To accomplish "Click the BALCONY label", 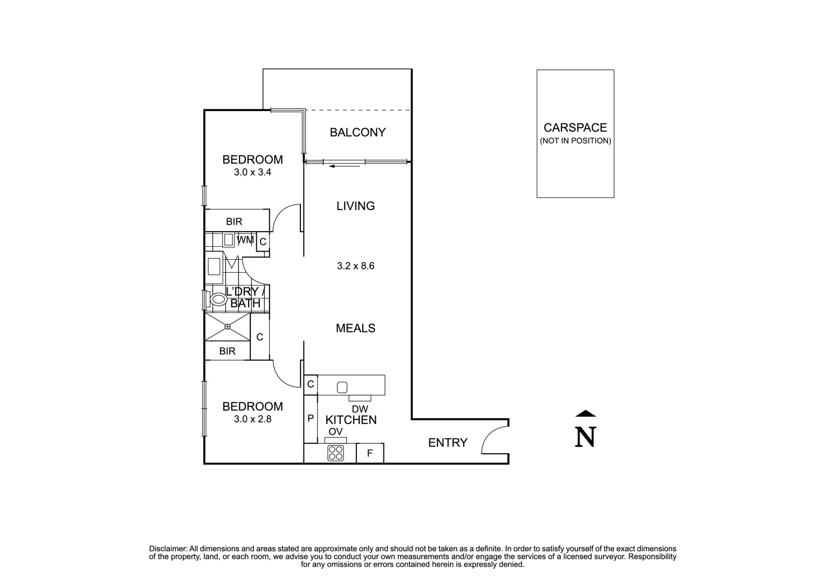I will (358, 132).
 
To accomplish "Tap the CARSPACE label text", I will (575, 128).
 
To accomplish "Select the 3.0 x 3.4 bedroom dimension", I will (252, 173).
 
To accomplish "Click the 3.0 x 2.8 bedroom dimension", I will (252, 419).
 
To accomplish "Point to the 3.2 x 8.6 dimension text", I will (355, 266).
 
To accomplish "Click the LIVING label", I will (355, 206).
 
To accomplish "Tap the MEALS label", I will (355, 328).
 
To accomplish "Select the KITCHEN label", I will (351, 420).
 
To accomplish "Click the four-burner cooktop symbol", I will (335, 453).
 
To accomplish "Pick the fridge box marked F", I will (370, 453).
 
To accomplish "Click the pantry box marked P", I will (311, 418).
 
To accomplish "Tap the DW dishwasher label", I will (360, 410).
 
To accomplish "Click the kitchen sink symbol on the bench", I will (342, 387).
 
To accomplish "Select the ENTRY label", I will (448, 443).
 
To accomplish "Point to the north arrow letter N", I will (586, 437).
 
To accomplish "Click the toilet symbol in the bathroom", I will (218, 299).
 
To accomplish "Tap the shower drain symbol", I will (228, 327).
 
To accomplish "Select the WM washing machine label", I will (245, 240).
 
